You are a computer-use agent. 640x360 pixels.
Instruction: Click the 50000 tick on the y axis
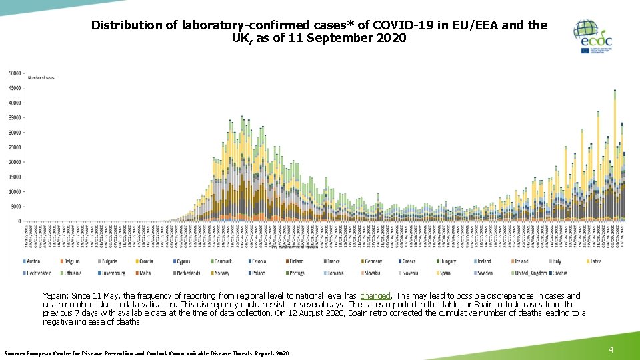(15, 73)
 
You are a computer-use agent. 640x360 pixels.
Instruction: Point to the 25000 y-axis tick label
(15, 147)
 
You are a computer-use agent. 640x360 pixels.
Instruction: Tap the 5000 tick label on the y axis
(16, 207)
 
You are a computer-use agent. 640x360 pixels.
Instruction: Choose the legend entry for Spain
(445, 273)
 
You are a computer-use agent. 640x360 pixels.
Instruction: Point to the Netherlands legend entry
(188, 273)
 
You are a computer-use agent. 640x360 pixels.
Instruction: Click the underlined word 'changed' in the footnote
(375, 296)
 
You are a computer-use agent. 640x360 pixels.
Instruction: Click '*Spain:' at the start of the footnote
(55, 296)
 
